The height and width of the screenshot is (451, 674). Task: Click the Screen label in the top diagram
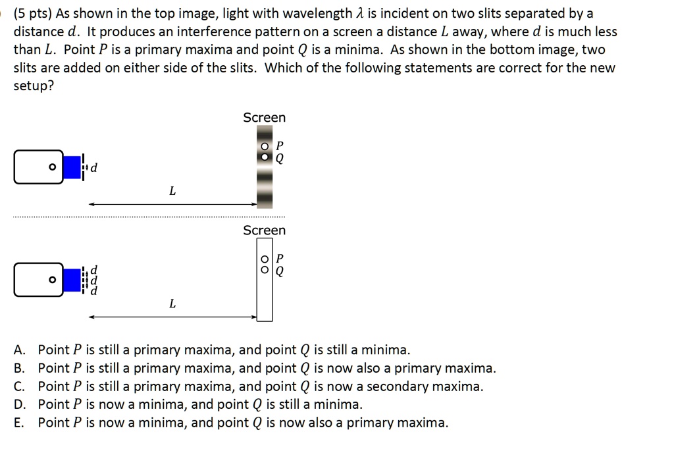tap(264, 118)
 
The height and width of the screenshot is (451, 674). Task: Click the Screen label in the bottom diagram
tap(264, 230)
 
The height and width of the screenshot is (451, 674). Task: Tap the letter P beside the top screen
tap(280, 146)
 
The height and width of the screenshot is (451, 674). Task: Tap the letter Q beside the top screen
tap(280, 159)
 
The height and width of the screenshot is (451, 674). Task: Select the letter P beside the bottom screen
tap(280, 258)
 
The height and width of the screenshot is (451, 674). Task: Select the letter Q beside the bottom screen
tap(280, 271)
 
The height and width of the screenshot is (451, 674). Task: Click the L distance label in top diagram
tap(172, 192)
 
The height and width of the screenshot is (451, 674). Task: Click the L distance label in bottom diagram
tap(172, 304)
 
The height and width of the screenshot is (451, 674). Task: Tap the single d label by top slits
tap(93, 168)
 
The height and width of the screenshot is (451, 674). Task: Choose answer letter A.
tap(18, 350)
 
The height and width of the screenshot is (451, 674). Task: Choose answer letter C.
tap(18, 386)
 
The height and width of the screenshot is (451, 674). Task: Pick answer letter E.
tap(18, 423)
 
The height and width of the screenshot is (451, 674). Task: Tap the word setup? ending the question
tap(34, 86)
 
